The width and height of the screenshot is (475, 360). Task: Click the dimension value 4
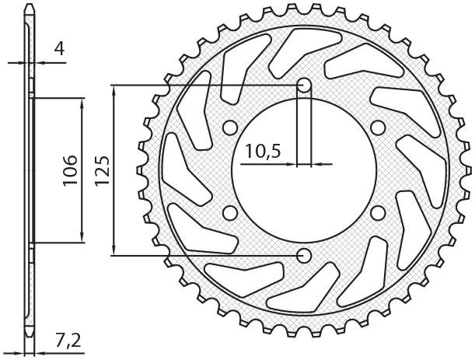59,48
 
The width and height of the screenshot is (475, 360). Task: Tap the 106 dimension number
70,170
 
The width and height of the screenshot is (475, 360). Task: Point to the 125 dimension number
102,170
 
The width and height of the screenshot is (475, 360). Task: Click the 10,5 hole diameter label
264,152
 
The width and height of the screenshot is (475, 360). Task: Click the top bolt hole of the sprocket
304,86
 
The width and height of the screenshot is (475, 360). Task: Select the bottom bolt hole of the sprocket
304,256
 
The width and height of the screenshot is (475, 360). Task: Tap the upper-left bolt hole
230,128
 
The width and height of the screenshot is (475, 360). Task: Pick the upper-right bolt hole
378,128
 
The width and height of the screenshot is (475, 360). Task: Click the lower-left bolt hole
230,213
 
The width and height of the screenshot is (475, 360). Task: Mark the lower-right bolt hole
378,213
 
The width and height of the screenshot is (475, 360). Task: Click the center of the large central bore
304,170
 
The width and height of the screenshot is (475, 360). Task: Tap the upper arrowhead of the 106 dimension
82,103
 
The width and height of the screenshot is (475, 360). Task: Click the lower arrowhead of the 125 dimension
114,250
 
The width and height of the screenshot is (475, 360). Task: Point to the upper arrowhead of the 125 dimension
114,91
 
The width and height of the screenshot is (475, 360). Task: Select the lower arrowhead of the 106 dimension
82,237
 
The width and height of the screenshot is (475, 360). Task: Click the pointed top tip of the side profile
30,4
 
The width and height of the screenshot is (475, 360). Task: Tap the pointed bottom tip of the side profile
30,337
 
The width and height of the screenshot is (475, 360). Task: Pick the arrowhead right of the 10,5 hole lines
317,165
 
